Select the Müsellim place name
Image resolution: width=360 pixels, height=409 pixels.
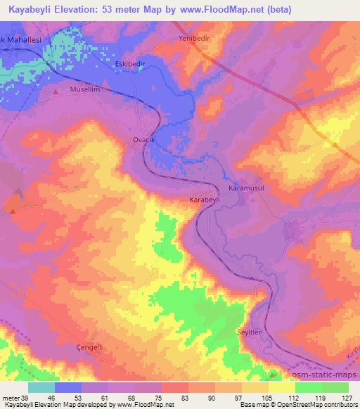tap(86, 91)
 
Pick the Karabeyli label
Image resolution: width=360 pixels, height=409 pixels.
tap(205, 200)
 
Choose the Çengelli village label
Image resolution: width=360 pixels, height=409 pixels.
tap(89, 348)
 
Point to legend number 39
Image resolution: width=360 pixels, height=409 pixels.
tap(28, 398)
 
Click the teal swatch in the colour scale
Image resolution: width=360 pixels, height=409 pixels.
tap(41, 387)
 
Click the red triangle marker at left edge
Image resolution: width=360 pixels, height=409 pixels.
tap(12, 209)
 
